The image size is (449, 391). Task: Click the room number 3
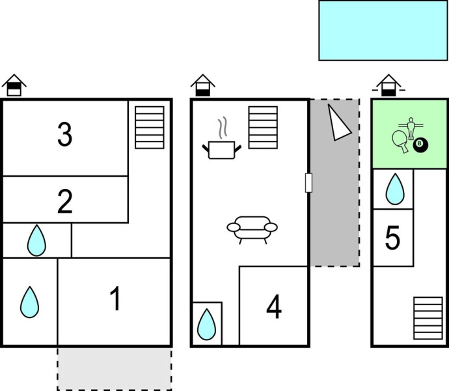click(x=64, y=136)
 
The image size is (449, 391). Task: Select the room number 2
click(x=64, y=202)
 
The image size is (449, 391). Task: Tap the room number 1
click(x=115, y=299)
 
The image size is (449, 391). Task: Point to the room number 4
click(x=274, y=308)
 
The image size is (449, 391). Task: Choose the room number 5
click(x=392, y=239)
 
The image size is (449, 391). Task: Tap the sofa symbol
click(x=252, y=228)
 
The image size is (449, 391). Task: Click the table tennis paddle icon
click(x=400, y=140)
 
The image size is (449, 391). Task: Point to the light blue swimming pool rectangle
click(x=383, y=30)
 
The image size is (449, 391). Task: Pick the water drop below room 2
click(x=37, y=241)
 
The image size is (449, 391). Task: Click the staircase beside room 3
click(x=149, y=127)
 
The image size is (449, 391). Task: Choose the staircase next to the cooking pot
click(x=263, y=127)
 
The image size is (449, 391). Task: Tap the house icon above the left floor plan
click(x=14, y=85)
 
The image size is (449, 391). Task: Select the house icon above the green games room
click(x=389, y=85)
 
